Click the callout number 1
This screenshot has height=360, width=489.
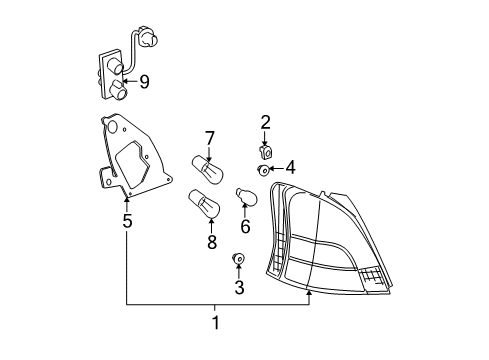(x=216, y=322)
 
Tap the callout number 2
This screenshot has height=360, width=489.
(x=266, y=123)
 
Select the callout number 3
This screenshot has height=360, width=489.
(x=239, y=288)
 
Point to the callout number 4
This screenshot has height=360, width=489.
(x=290, y=167)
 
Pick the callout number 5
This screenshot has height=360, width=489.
(x=127, y=220)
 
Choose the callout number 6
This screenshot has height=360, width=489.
(x=245, y=226)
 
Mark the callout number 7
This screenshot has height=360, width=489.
(x=210, y=138)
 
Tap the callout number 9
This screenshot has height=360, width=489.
(x=144, y=82)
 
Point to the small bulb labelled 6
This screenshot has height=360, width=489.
(x=245, y=197)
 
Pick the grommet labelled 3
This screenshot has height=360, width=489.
(x=239, y=262)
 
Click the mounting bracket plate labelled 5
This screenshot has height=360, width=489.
(x=128, y=160)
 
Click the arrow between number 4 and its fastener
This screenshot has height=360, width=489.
(x=277, y=169)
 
